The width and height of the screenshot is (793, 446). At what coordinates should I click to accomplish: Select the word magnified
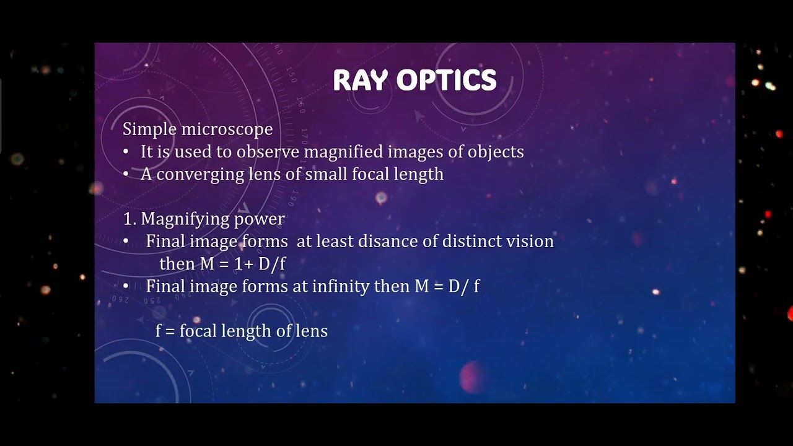click(353, 152)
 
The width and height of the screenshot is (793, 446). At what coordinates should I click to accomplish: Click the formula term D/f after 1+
click(273, 264)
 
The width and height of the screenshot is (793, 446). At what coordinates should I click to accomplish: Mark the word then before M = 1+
click(177, 264)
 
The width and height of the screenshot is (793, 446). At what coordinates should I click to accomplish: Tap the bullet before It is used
click(126, 152)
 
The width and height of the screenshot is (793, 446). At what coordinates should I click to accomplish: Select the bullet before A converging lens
click(126, 175)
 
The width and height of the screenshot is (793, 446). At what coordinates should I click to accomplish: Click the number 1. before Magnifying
click(129, 219)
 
